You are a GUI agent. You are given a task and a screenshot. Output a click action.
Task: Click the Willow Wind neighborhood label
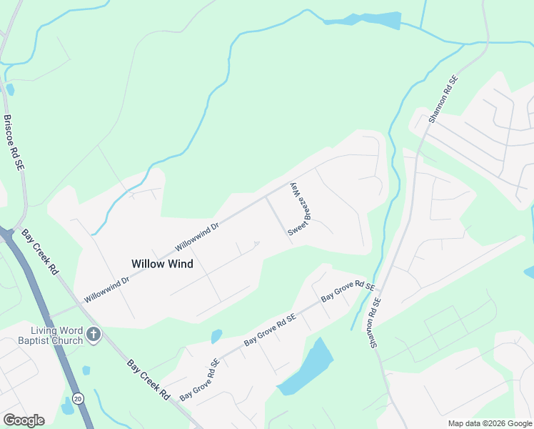tap(162, 263)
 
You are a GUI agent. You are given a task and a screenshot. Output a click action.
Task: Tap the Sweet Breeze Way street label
tap(301, 209)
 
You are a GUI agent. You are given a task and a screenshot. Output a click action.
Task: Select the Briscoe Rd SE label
tap(14, 142)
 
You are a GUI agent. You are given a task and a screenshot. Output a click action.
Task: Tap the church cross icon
tap(94, 334)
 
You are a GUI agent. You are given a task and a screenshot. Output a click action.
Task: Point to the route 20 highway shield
tap(78, 398)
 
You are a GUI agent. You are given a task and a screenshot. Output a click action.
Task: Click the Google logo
tap(24, 420)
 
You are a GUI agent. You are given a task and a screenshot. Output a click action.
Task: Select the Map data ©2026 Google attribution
tap(490, 423)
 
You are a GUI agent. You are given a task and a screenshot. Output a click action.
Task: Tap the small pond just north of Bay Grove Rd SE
tap(216, 335)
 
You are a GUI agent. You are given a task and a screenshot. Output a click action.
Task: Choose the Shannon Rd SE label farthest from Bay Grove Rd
tap(442, 100)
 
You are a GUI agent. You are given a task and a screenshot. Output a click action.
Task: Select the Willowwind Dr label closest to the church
tap(106, 288)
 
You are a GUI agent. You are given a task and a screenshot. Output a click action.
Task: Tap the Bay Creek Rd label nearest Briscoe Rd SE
tap(39, 252)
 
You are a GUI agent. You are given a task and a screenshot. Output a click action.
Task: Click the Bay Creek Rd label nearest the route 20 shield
tap(148, 380)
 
